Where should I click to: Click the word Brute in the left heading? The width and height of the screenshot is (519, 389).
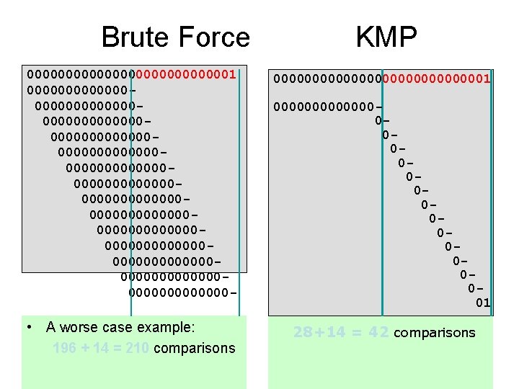pos(136,37)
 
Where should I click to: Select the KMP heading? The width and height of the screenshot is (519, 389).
pos(386,37)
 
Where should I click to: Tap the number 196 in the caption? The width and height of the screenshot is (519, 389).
pos(65,349)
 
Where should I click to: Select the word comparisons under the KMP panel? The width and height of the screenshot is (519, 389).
pos(435,333)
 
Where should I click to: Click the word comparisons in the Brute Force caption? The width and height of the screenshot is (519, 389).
pos(195,349)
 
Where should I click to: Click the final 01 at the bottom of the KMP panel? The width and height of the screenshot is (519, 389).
pos(483,303)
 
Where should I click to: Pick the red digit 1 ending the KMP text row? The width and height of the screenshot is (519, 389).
pos(487,77)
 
